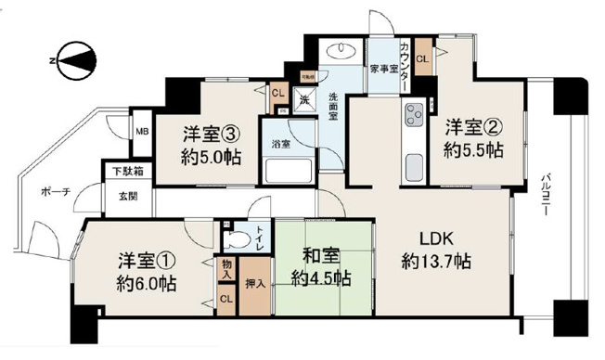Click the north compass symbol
[x=72, y=59]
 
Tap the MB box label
[x=144, y=132]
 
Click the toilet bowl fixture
[x=238, y=238]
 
